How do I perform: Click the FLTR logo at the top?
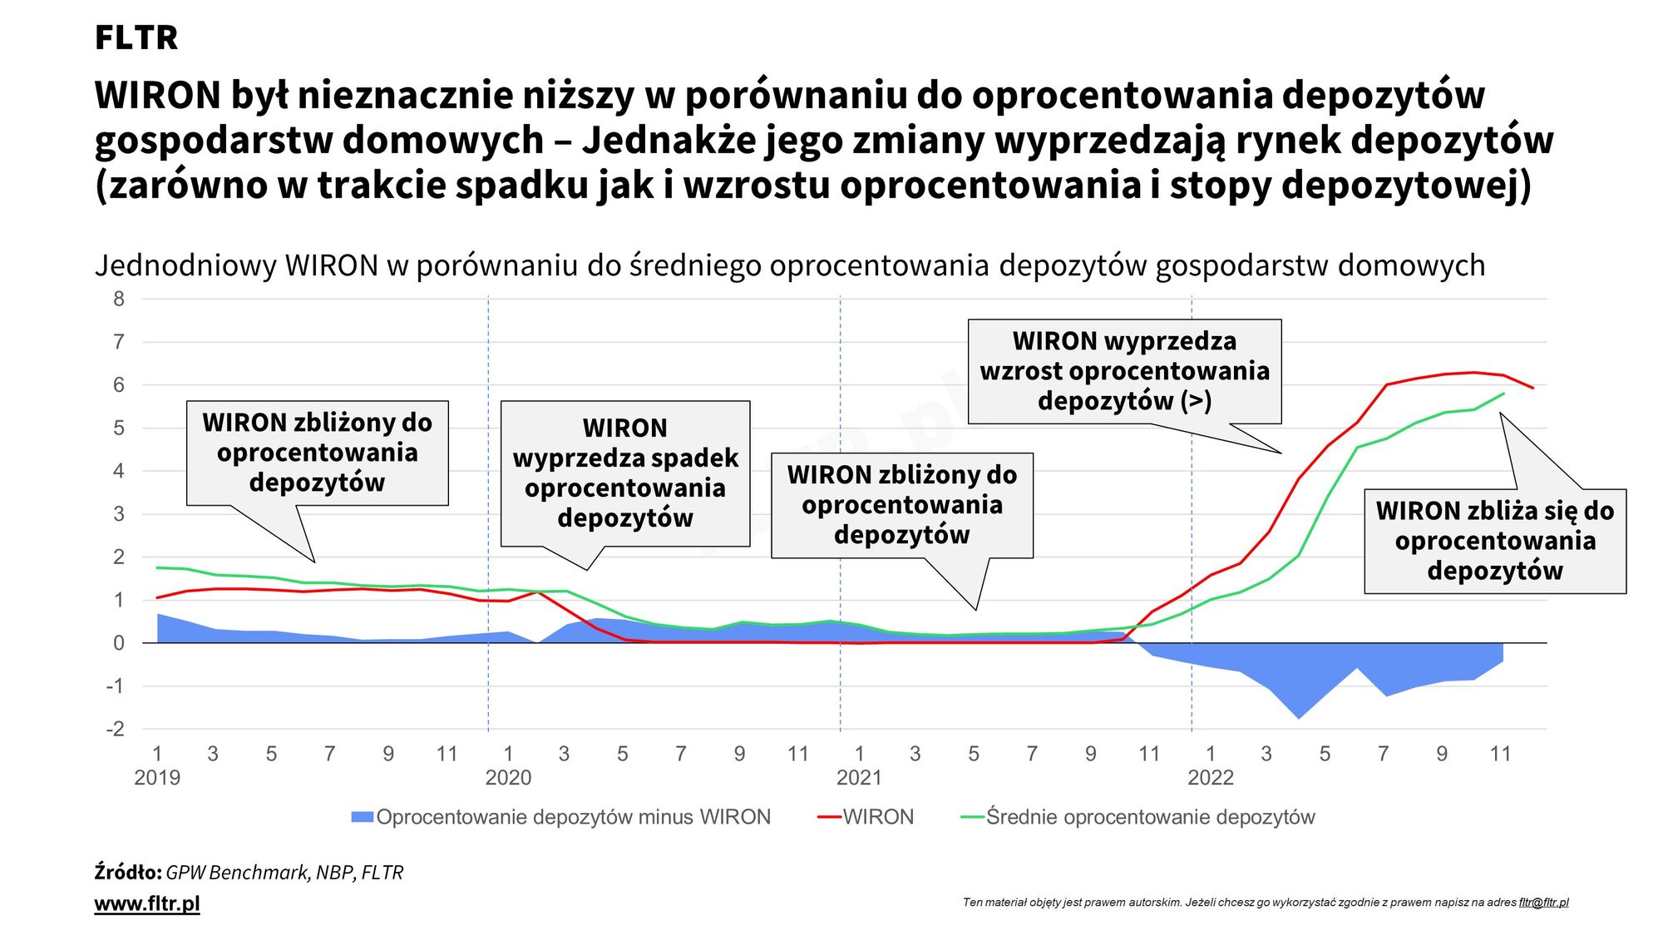click(x=136, y=37)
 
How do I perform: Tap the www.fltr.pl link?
click(x=147, y=904)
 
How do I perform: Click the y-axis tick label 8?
click(x=119, y=299)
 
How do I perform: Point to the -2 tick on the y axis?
click(x=116, y=729)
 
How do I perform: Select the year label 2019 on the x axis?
click(x=157, y=778)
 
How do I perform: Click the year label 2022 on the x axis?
click(x=1210, y=778)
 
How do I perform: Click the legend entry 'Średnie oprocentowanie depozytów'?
click(x=1150, y=817)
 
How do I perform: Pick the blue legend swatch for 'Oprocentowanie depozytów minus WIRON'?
click(x=362, y=817)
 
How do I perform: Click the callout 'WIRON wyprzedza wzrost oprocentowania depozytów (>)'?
click(x=1124, y=371)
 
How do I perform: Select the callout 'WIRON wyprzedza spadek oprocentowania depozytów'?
click(x=625, y=473)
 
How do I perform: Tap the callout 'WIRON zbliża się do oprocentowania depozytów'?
click(x=1494, y=541)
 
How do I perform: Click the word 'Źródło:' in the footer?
click(x=128, y=872)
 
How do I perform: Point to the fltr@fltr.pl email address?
click(x=1543, y=902)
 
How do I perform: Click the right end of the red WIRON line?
click(x=1532, y=388)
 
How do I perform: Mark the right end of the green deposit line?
click(x=1503, y=394)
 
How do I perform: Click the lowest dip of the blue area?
click(x=1299, y=718)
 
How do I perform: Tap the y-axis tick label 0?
click(x=119, y=643)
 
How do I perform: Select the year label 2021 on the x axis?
click(x=859, y=778)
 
